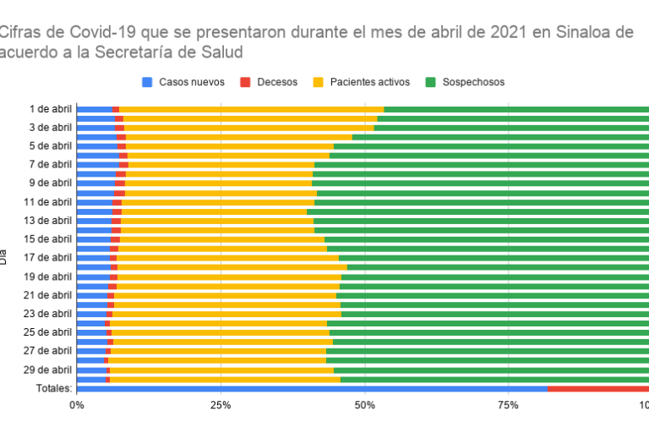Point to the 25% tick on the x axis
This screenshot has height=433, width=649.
[x=221, y=405]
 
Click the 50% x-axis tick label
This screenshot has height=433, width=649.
[x=365, y=405]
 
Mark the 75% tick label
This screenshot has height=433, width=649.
[x=509, y=405]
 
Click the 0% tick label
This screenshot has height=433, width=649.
[x=77, y=405]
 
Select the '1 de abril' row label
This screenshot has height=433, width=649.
[x=51, y=109]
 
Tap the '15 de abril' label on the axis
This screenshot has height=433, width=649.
[x=48, y=239]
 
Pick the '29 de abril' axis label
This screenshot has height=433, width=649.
[x=48, y=370]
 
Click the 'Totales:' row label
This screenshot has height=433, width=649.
[x=52, y=388]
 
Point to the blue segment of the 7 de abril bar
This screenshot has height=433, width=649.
[x=98, y=165]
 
